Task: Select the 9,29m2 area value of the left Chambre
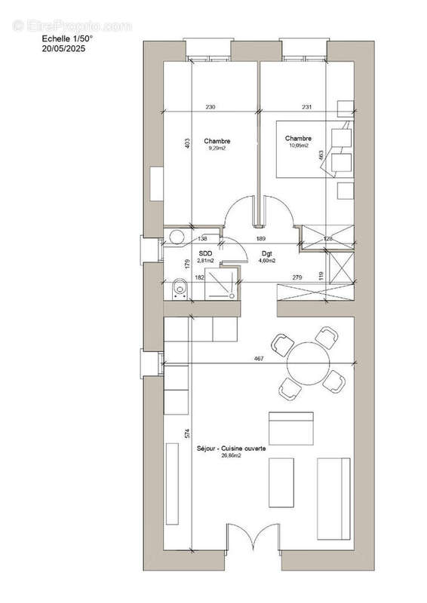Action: point(217,148)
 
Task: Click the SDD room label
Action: point(205,254)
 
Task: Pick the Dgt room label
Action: point(267,254)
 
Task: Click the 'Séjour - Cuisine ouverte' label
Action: point(237,448)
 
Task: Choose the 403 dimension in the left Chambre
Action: point(187,144)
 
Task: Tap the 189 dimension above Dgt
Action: point(260,237)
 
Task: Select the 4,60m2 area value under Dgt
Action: point(267,261)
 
